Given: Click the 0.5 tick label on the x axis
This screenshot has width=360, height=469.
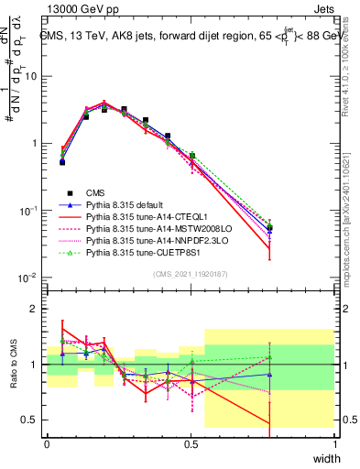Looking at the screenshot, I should (x=191, y=444).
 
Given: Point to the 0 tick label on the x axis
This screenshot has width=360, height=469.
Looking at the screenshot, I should (x=47, y=444).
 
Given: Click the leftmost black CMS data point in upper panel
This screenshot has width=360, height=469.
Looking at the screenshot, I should (x=62, y=161).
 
